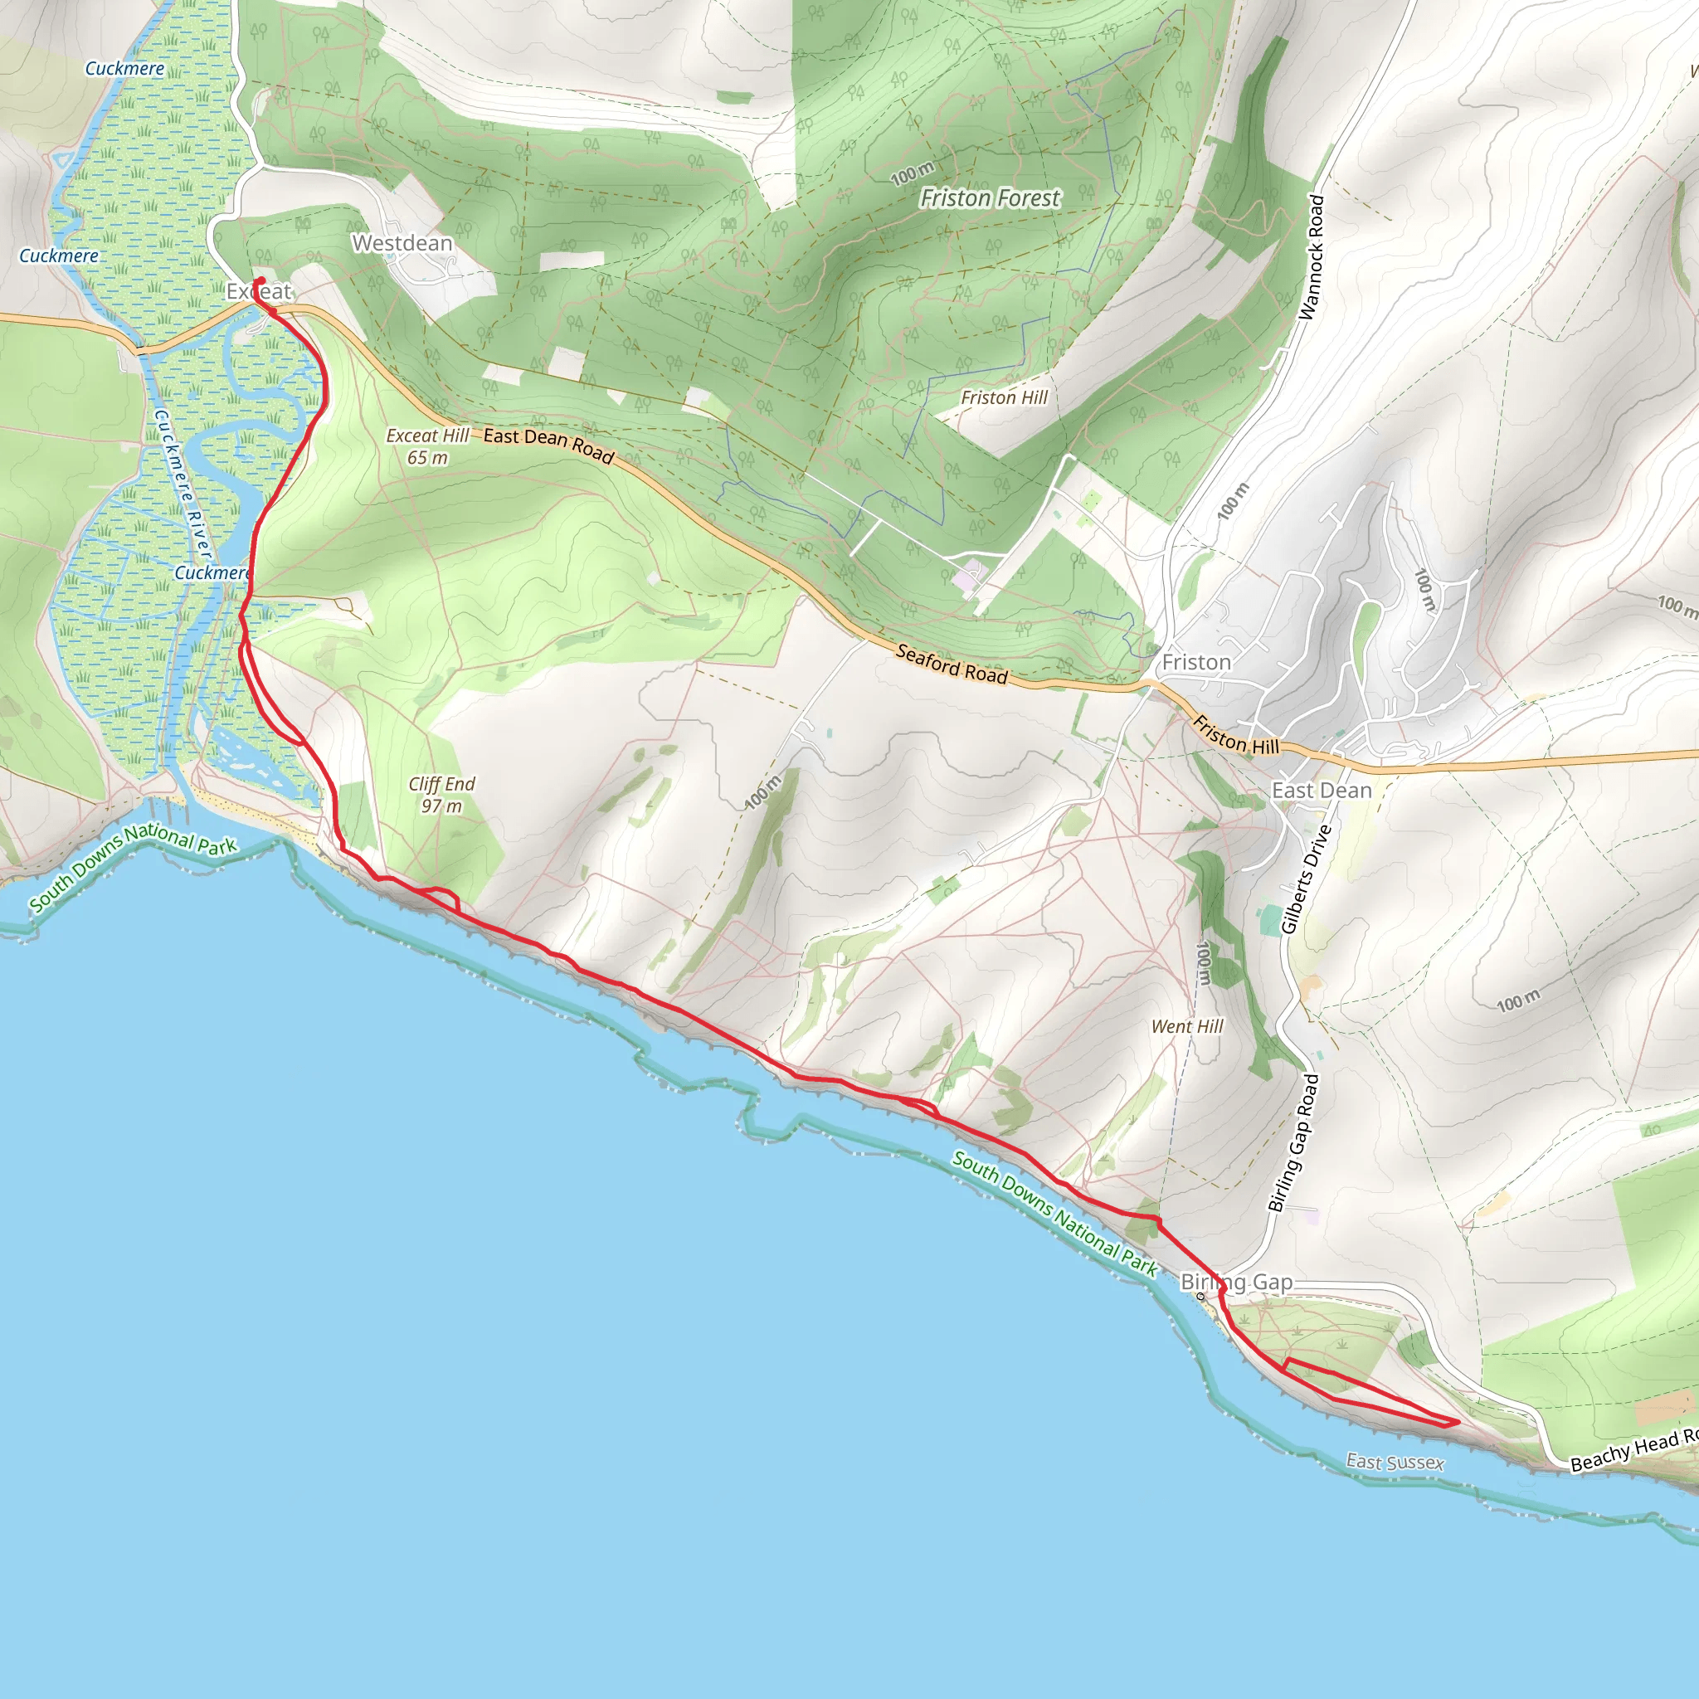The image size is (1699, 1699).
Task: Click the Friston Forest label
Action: click(x=990, y=199)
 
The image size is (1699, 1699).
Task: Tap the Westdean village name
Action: click(x=402, y=244)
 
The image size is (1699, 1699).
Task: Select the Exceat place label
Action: click(x=258, y=292)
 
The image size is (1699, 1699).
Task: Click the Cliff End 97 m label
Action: click(x=441, y=795)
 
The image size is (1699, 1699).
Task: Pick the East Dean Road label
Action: click(x=548, y=445)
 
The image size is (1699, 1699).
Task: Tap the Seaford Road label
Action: click(x=952, y=664)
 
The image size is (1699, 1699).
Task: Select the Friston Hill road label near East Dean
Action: click(x=1235, y=735)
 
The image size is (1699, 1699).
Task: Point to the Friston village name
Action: click(x=1196, y=663)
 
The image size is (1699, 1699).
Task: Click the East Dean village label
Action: click(x=1322, y=791)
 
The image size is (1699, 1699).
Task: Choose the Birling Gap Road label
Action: click(x=1293, y=1143)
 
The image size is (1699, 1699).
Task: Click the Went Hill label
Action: click(x=1187, y=1027)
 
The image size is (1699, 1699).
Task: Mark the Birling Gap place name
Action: click(x=1236, y=1283)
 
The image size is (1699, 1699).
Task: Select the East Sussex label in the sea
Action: click(x=1395, y=1463)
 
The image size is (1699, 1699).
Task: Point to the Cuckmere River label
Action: click(x=183, y=484)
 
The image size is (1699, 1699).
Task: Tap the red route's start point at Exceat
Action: click(x=260, y=280)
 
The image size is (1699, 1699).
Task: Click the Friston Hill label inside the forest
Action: click(x=1005, y=398)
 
